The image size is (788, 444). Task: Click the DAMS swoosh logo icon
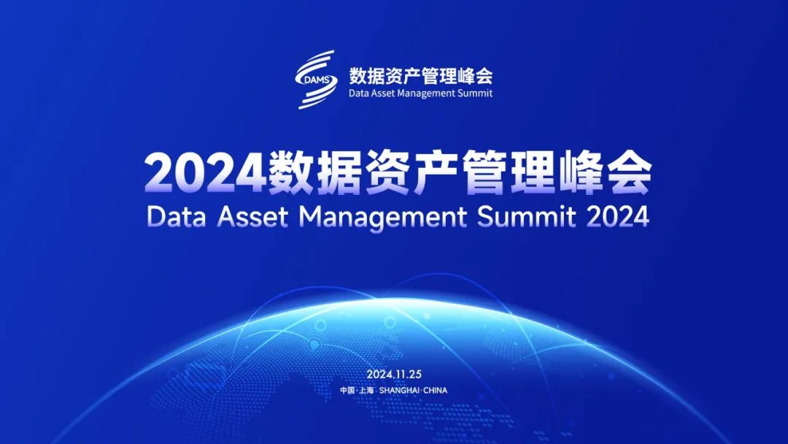click(316, 79)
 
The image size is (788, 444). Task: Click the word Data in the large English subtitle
click(177, 216)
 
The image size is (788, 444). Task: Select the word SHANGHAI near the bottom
click(401, 390)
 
